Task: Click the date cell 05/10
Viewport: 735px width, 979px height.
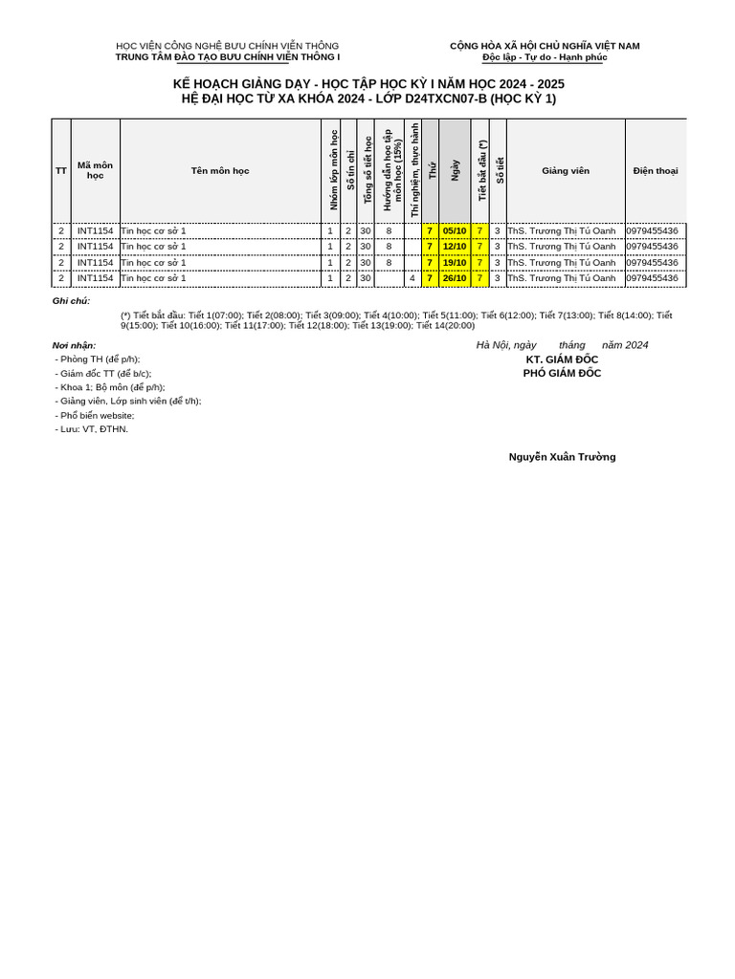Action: (x=454, y=230)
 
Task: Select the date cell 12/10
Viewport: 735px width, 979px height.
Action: (x=454, y=247)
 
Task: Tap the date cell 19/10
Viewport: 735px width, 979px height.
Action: (x=454, y=263)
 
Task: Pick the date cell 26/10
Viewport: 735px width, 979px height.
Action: (x=454, y=278)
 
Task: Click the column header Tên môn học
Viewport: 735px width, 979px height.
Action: (x=220, y=171)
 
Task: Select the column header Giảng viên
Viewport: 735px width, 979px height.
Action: (x=566, y=171)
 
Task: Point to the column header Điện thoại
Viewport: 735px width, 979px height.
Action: (x=656, y=171)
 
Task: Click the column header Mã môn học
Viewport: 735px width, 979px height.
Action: (x=95, y=171)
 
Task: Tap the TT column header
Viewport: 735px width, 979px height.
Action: (x=61, y=171)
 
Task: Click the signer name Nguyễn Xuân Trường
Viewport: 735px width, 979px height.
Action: (x=562, y=457)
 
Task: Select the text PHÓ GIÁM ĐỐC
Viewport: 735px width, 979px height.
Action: (x=562, y=374)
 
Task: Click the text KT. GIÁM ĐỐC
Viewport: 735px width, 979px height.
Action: (x=562, y=359)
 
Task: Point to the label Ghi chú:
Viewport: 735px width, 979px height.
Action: (x=71, y=301)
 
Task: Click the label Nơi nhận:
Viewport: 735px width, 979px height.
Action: (x=74, y=345)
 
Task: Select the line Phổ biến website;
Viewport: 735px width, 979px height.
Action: (x=95, y=416)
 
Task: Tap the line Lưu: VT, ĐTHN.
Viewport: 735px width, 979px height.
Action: (x=92, y=429)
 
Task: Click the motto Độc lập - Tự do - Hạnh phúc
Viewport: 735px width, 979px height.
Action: (x=545, y=57)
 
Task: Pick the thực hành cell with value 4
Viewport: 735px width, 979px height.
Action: (x=412, y=278)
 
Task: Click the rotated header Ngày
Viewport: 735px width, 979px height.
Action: (x=456, y=171)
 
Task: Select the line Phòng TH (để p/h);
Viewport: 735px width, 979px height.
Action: (x=98, y=359)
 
